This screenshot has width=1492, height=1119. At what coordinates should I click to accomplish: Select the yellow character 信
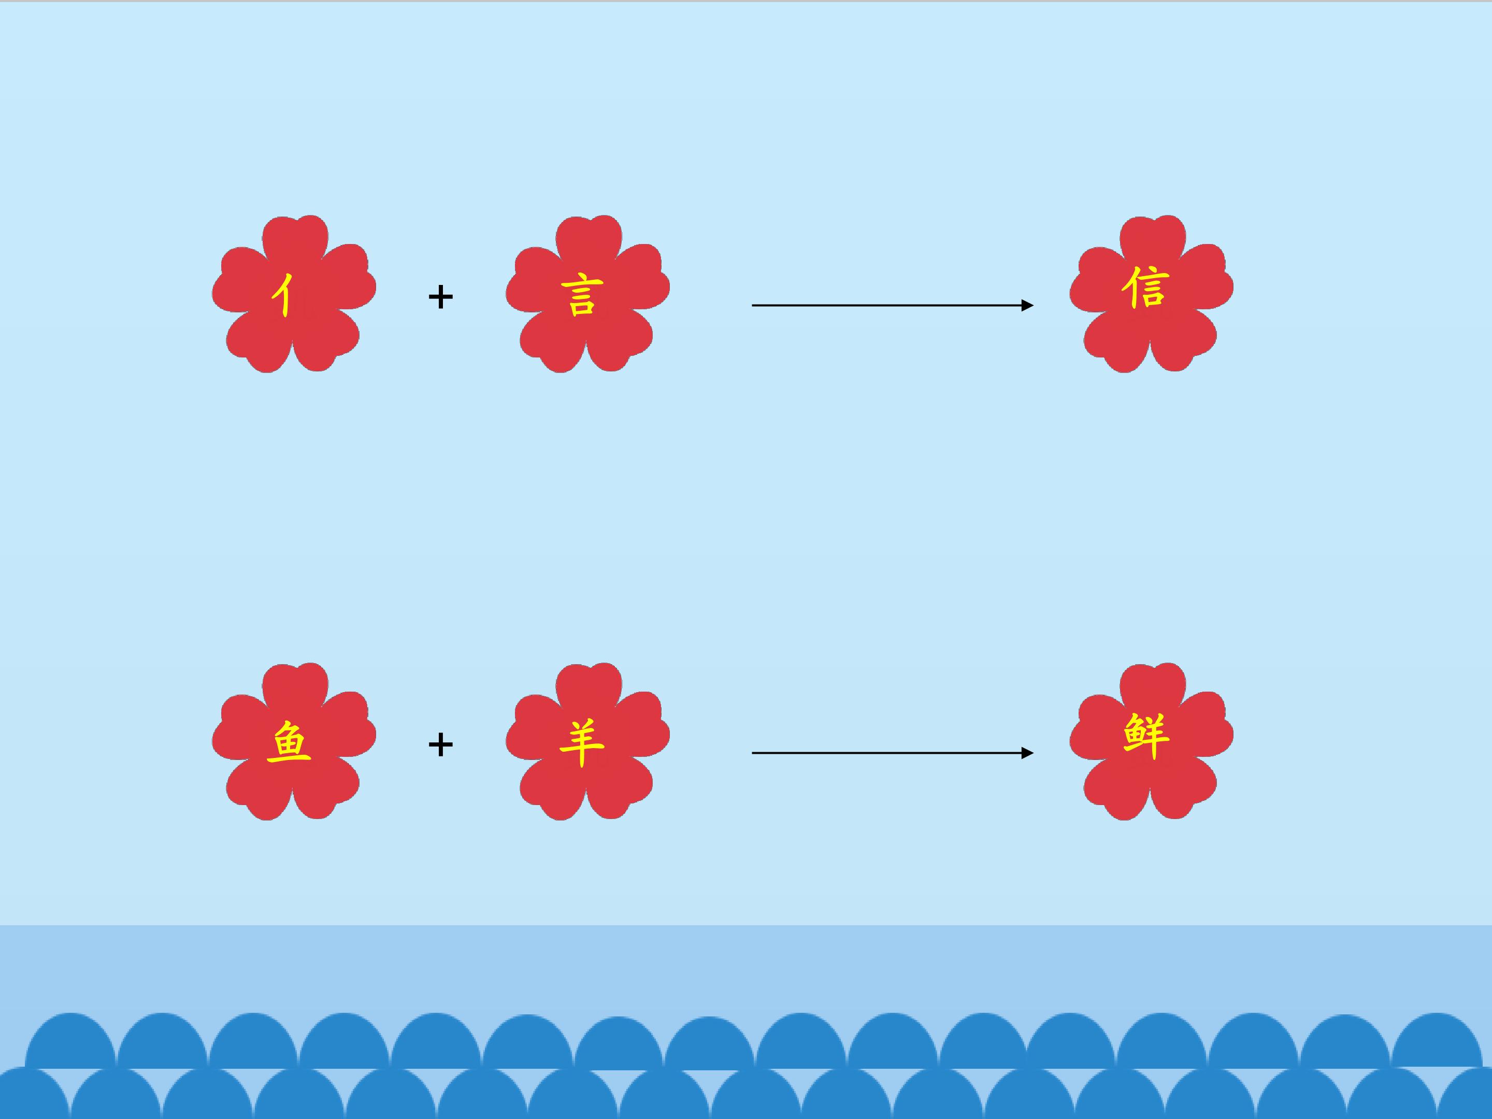click(x=1145, y=288)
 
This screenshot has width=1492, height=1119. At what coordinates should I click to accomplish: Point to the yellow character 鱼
click(x=289, y=742)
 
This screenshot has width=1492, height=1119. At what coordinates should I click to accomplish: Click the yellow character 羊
click(x=581, y=743)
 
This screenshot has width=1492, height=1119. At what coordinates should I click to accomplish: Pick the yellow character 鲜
click(x=1146, y=737)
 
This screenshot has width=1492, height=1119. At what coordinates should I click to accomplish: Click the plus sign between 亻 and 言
click(x=440, y=297)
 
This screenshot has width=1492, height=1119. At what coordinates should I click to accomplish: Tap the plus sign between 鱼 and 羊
click(x=440, y=744)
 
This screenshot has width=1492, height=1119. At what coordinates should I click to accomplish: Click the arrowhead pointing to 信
click(x=1027, y=306)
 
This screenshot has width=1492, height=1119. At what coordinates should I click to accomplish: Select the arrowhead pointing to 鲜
click(x=1027, y=753)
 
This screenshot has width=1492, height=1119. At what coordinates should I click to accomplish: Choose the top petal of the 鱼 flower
click(x=295, y=688)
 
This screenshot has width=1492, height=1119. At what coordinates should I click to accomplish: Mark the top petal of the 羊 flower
click(x=588, y=688)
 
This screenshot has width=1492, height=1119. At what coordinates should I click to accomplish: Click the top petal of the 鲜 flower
click(x=1152, y=688)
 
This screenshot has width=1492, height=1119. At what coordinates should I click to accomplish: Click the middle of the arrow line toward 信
click(x=891, y=306)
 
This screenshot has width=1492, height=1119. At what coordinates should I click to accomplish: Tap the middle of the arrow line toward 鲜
click(x=891, y=753)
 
